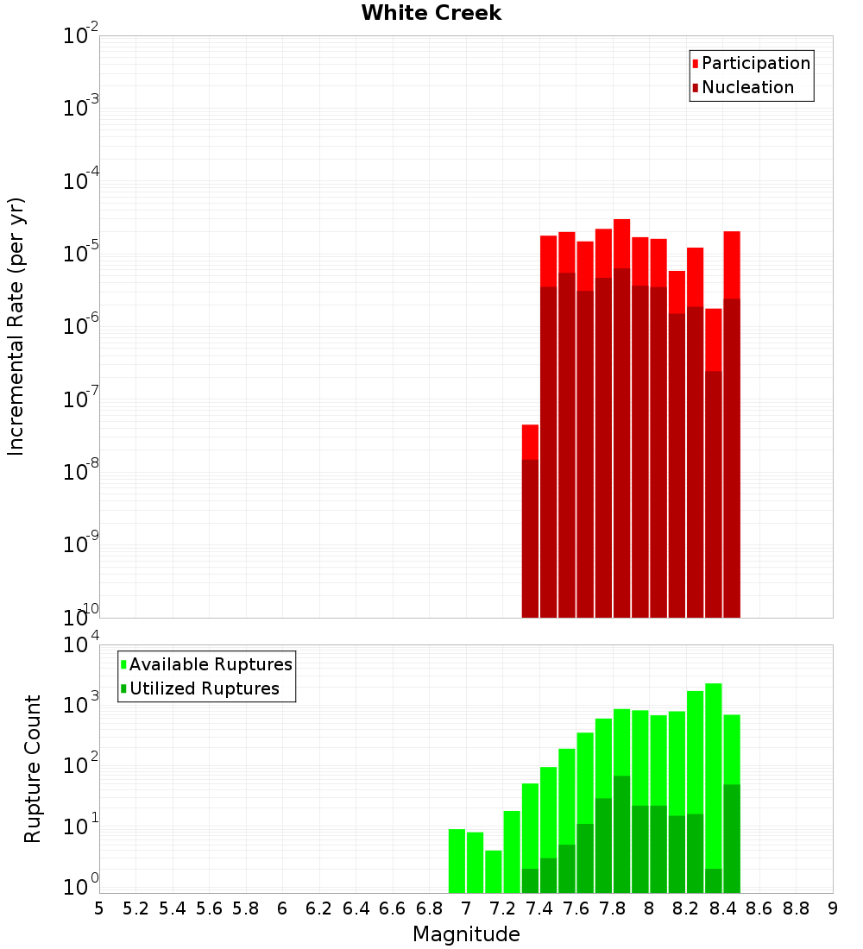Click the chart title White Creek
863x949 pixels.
(431, 13)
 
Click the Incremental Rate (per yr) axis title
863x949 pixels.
(16, 326)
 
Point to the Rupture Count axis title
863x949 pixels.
(33, 768)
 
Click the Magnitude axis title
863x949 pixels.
(466, 934)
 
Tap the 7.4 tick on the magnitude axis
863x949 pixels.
(539, 908)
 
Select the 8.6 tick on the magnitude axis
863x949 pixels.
(759, 908)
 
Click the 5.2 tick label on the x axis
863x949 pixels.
(135, 908)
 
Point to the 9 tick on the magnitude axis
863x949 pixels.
(833, 908)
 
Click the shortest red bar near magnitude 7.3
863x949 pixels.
(530, 442)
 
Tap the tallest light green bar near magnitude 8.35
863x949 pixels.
(714, 776)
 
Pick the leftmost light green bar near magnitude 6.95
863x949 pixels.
(457, 860)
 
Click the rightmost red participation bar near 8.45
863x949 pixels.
(732, 264)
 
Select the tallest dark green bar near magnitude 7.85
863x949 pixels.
(621, 833)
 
